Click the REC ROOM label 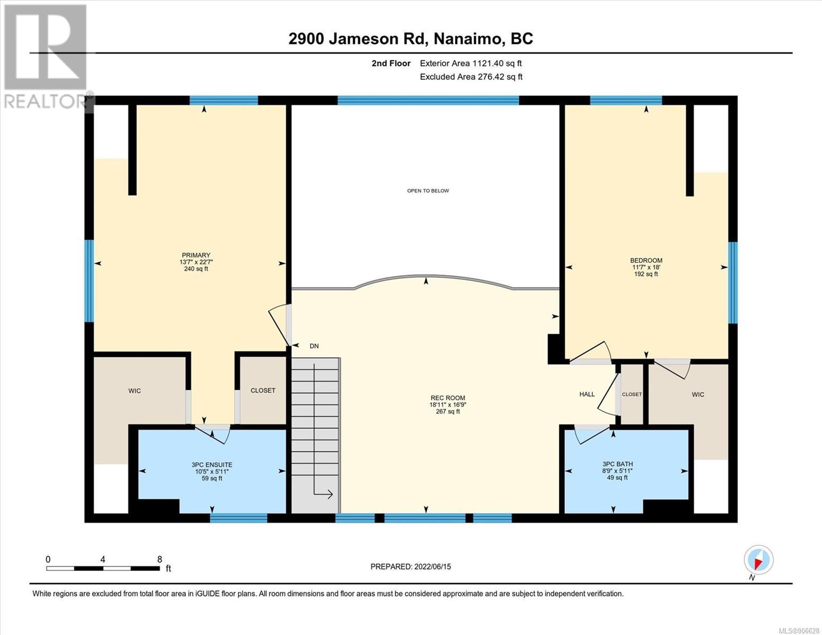[x=448, y=398]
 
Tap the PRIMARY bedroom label [x=196, y=255]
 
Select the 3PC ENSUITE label [x=212, y=465]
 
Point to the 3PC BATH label [x=618, y=464]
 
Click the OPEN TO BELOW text [x=428, y=190]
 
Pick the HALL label [x=587, y=394]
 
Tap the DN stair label [x=314, y=346]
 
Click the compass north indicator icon [x=758, y=560]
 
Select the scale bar [x=103, y=568]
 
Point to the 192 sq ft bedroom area [x=646, y=274]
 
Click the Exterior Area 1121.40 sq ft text [x=471, y=63]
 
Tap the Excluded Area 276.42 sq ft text [x=471, y=77]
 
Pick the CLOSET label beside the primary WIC [x=263, y=391]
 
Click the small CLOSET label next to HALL [x=632, y=394]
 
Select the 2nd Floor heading [x=391, y=63]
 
